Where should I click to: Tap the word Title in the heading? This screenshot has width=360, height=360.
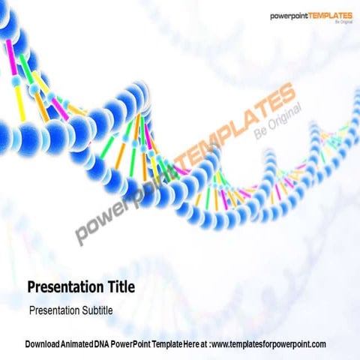tap(120, 286)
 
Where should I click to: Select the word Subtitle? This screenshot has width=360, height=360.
tap(94, 309)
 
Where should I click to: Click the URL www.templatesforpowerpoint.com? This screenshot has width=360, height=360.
tap(269, 343)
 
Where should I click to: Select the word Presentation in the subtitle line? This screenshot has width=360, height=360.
tap(52, 309)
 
